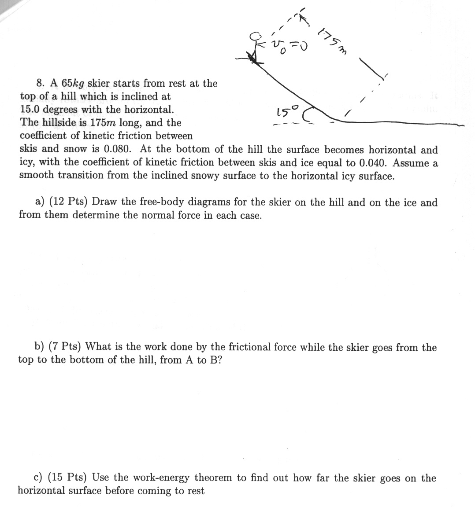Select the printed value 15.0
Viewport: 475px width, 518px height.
coord(30,109)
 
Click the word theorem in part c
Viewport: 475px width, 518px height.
coord(213,478)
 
